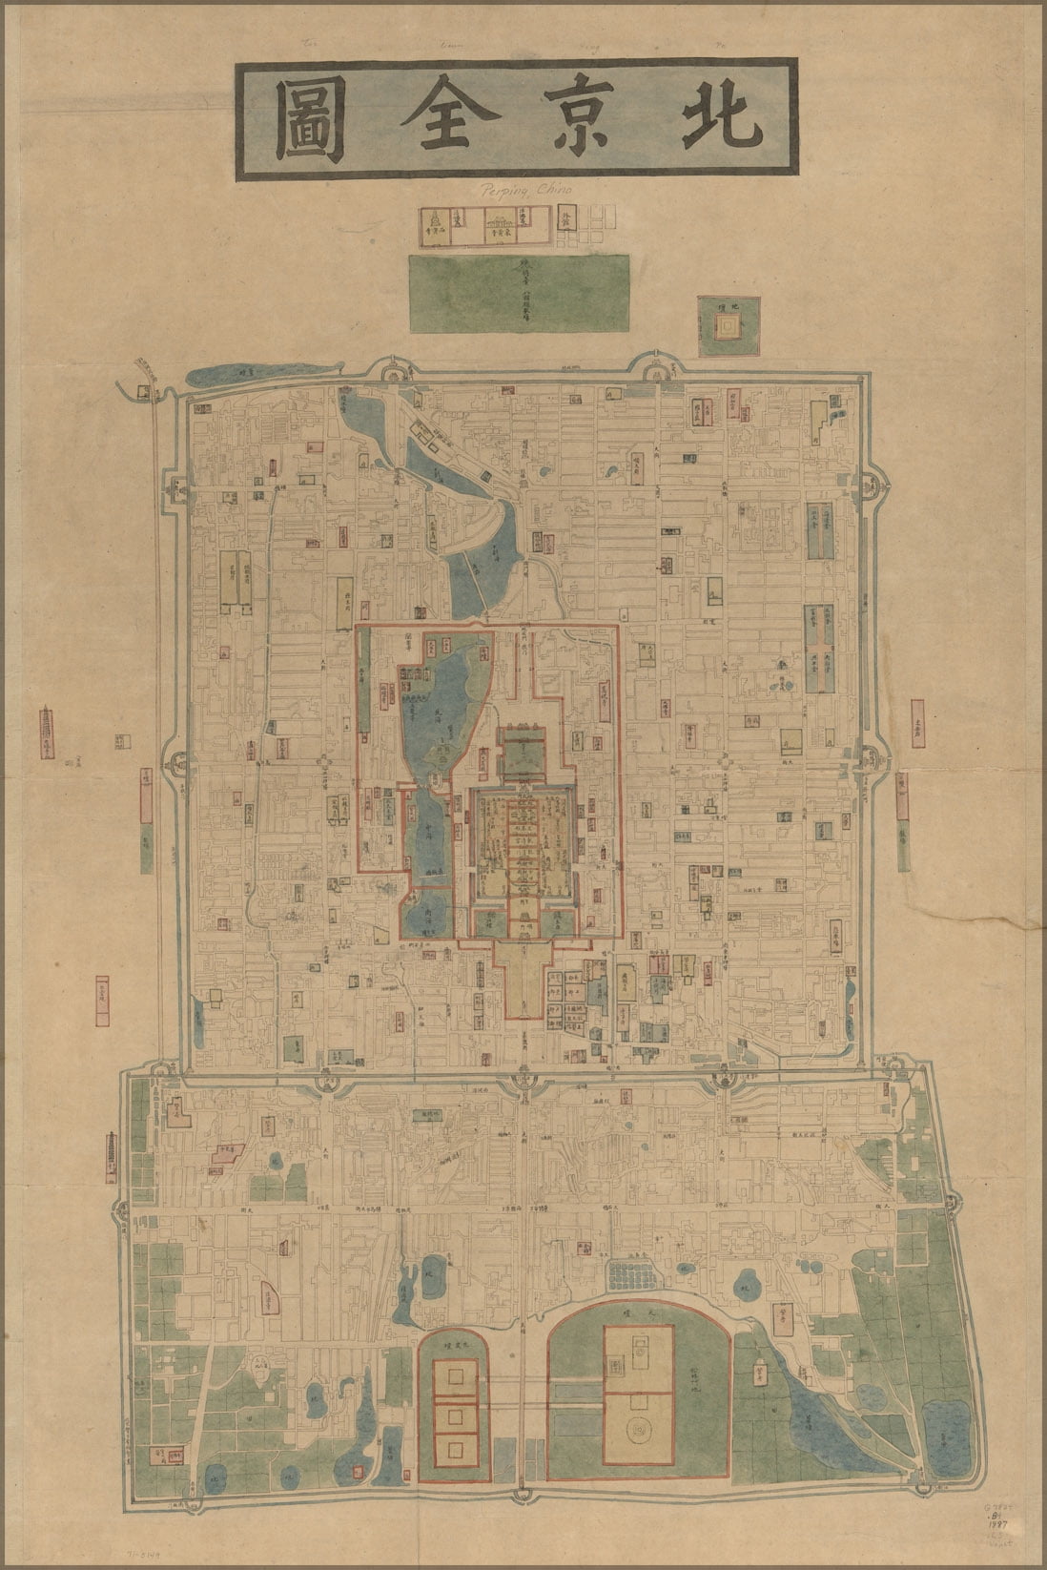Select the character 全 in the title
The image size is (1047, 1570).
point(443,117)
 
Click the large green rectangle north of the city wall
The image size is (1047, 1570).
point(519,292)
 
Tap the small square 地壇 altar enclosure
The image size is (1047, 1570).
point(729,326)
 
